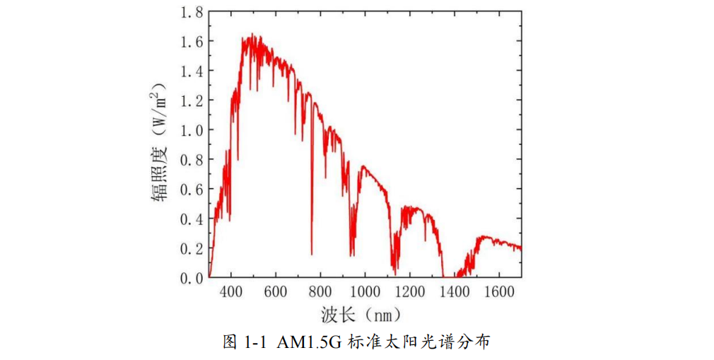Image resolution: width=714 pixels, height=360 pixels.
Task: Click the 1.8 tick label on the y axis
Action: (x=191, y=12)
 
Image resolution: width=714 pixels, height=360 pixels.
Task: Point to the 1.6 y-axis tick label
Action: (x=191, y=42)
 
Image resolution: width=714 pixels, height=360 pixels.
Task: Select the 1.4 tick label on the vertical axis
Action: (x=191, y=71)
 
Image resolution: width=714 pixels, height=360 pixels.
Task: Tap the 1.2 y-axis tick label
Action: (x=191, y=100)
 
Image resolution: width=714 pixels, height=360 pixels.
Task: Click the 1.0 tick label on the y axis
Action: (x=191, y=130)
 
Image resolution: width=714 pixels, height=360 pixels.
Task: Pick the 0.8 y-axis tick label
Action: (x=191, y=160)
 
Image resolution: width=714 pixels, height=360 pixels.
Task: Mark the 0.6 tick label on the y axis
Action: (x=191, y=190)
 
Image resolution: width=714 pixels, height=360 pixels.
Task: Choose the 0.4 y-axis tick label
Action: (x=191, y=219)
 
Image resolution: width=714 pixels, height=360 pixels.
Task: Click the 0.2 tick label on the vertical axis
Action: (x=191, y=249)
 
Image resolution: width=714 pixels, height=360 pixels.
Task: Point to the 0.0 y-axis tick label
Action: (x=191, y=278)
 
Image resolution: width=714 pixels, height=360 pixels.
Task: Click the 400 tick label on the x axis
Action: (x=231, y=292)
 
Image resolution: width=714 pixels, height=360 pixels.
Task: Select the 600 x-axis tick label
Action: (x=276, y=292)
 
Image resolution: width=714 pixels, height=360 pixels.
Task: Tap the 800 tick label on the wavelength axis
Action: (x=321, y=292)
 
